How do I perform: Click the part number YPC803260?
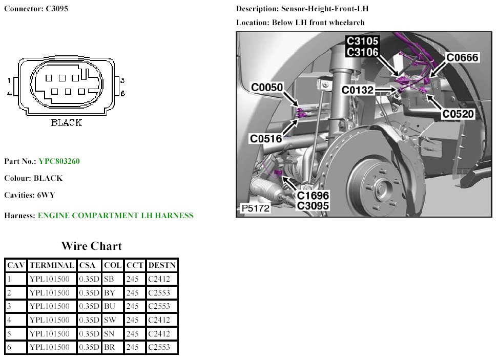tap(59, 161)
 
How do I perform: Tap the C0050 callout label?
tap(267, 87)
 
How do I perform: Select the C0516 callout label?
tap(266, 138)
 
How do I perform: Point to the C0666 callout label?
tap(462, 57)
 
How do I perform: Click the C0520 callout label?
tap(458, 114)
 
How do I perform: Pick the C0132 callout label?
tap(358, 90)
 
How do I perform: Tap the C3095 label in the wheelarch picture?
tap(313, 206)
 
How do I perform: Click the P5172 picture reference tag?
tap(256, 208)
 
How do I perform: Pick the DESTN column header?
tap(161, 265)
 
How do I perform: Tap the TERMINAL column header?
tap(52, 265)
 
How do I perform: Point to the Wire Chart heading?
tap(92, 246)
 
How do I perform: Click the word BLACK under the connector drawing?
tap(67, 122)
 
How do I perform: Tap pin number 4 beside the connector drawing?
tap(10, 94)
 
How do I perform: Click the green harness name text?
tap(116, 216)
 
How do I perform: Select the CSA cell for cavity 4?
tap(89, 320)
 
